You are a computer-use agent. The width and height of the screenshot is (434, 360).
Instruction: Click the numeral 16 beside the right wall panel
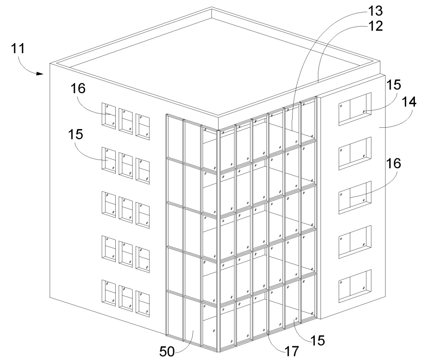pos(395,164)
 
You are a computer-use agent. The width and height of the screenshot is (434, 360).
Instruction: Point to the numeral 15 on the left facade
pos(77,133)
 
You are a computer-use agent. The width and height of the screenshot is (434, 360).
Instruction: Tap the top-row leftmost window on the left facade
pos(108,115)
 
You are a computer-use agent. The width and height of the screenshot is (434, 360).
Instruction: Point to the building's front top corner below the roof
pos(219,128)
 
